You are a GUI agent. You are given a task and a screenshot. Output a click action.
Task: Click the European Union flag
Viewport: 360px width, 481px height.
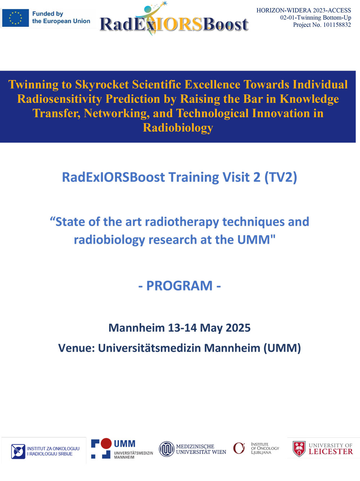[15, 18]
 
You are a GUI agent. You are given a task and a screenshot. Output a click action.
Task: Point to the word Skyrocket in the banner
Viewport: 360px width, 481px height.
[102, 85]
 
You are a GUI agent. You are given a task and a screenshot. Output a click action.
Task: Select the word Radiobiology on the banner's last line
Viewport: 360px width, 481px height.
[178, 127]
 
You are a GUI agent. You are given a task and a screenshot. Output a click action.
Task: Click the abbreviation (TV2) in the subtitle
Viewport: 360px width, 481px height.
[281, 177]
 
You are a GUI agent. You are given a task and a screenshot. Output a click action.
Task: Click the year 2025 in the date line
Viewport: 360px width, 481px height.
[238, 328]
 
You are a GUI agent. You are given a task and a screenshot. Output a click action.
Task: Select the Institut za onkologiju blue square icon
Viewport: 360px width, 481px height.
[18, 451]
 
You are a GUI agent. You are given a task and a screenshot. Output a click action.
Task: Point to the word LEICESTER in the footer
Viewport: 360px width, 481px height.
[330, 451]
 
